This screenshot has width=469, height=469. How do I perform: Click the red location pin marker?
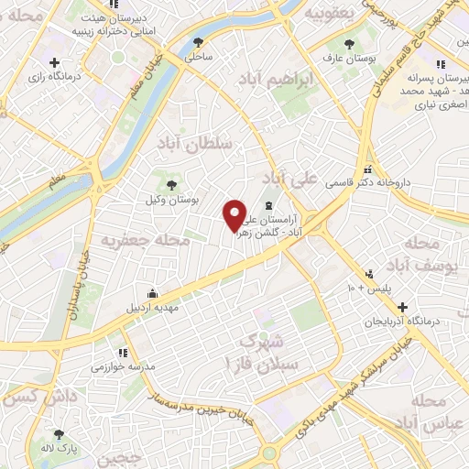point(235,215)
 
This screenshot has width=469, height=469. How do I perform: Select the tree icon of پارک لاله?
point(60,434)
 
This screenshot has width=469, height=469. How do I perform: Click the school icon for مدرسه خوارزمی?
point(124,351)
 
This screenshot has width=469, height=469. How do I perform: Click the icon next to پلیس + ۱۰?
point(369,274)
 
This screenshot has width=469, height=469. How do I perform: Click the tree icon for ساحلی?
point(199,41)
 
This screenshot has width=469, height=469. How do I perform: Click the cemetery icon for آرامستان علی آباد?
point(267,206)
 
